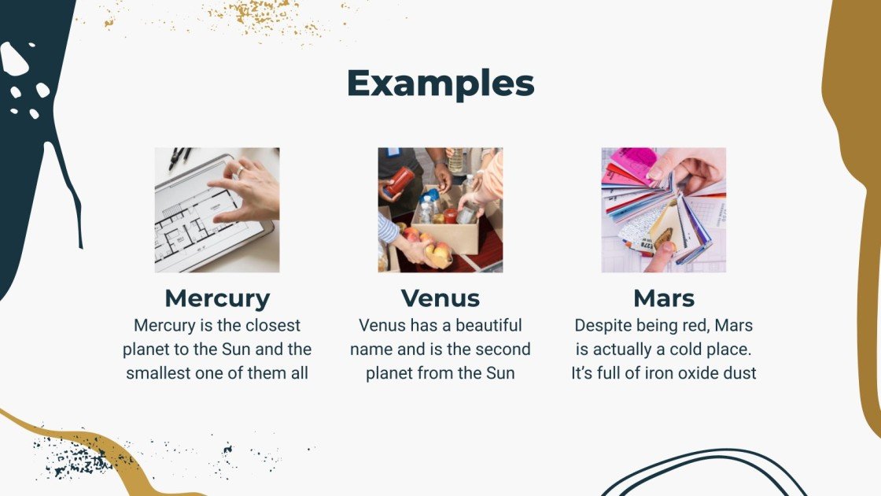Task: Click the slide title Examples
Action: [x=440, y=83]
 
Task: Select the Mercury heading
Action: [x=217, y=298]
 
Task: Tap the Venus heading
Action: [x=440, y=298]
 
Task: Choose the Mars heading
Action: [x=664, y=298]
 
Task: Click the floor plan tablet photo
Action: [x=217, y=210]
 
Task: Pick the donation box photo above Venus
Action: [x=440, y=210]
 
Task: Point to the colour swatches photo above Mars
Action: [x=664, y=210]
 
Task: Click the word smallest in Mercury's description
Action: [x=161, y=373]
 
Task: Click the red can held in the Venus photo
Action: [x=400, y=182]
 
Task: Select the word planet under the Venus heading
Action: [x=391, y=373]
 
